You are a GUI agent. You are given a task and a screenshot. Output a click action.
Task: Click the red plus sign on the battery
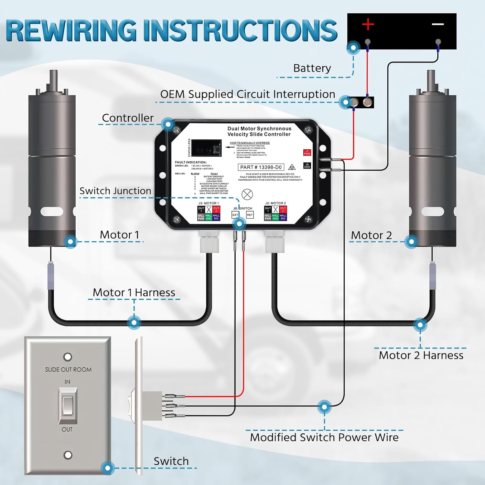(x=368, y=24)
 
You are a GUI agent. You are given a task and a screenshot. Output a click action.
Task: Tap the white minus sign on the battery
(x=438, y=24)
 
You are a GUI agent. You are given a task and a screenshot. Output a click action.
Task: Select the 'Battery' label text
(x=312, y=68)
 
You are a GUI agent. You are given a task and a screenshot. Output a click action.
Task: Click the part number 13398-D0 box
(x=261, y=167)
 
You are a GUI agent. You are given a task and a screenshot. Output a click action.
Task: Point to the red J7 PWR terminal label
(x=307, y=153)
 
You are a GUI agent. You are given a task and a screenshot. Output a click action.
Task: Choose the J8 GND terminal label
(x=307, y=166)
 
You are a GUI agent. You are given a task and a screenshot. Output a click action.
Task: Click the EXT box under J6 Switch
(x=235, y=215)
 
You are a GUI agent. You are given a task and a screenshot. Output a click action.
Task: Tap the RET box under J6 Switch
(x=250, y=215)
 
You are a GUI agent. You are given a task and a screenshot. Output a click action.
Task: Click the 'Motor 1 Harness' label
(x=134, y=292)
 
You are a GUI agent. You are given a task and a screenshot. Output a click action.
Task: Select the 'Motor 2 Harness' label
(x=421, y=355)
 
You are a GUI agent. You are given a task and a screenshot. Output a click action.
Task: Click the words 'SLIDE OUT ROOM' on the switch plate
(x=68, y=370)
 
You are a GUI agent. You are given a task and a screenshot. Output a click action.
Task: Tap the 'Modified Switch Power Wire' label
(x=324, y=437)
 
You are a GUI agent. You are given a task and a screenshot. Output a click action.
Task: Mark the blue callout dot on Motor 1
(x=70, y=242)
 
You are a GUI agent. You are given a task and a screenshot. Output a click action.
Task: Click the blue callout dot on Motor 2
(x=411, y=242)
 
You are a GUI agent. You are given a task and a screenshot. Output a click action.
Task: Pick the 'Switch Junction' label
(x=115, y=191)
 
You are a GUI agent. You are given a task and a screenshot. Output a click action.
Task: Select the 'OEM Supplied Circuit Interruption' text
(x=248, y=94)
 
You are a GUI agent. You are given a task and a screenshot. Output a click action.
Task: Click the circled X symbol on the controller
(x=247, y=194)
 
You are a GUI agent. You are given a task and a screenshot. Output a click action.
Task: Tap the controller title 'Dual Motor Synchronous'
(x=259, y=129)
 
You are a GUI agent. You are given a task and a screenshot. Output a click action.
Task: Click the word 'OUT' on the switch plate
(x=67, y=429)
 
